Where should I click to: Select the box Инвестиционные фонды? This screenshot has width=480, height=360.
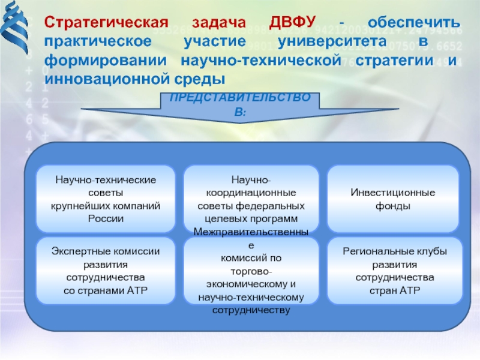(393, 199)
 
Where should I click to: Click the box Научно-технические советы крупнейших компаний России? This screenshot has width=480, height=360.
(106, 199)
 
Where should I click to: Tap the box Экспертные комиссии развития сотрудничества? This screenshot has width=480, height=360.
(106, 270)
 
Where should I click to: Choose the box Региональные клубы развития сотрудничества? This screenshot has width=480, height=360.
(394, 270)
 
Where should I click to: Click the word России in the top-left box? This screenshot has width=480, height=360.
(106, 218)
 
